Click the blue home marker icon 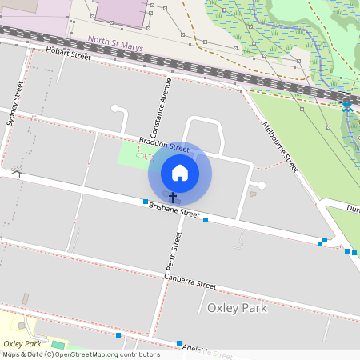pyautogui.click(x=180, y=173)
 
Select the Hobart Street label pyautogui.click(x=69, y=54)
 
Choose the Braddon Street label pyautogui.click(x=164, y=144)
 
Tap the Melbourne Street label pyautogui.click(x=281, y=146)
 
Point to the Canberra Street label pyautogui.click(x=190, y=282)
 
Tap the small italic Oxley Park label pyautogui.click(x=22, y=343)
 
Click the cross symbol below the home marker pyautogui.click(x=172, y=196)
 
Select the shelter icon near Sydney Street pyautogui.click(x=16, y=173)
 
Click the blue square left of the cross pyautogui.click(x=146, y=202)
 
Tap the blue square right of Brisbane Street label pyautogui.click(x=206, y=219)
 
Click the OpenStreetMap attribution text pyautogui.click(x=82, y=354)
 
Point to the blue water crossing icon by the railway pyautogui.click(x=346, y=106)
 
